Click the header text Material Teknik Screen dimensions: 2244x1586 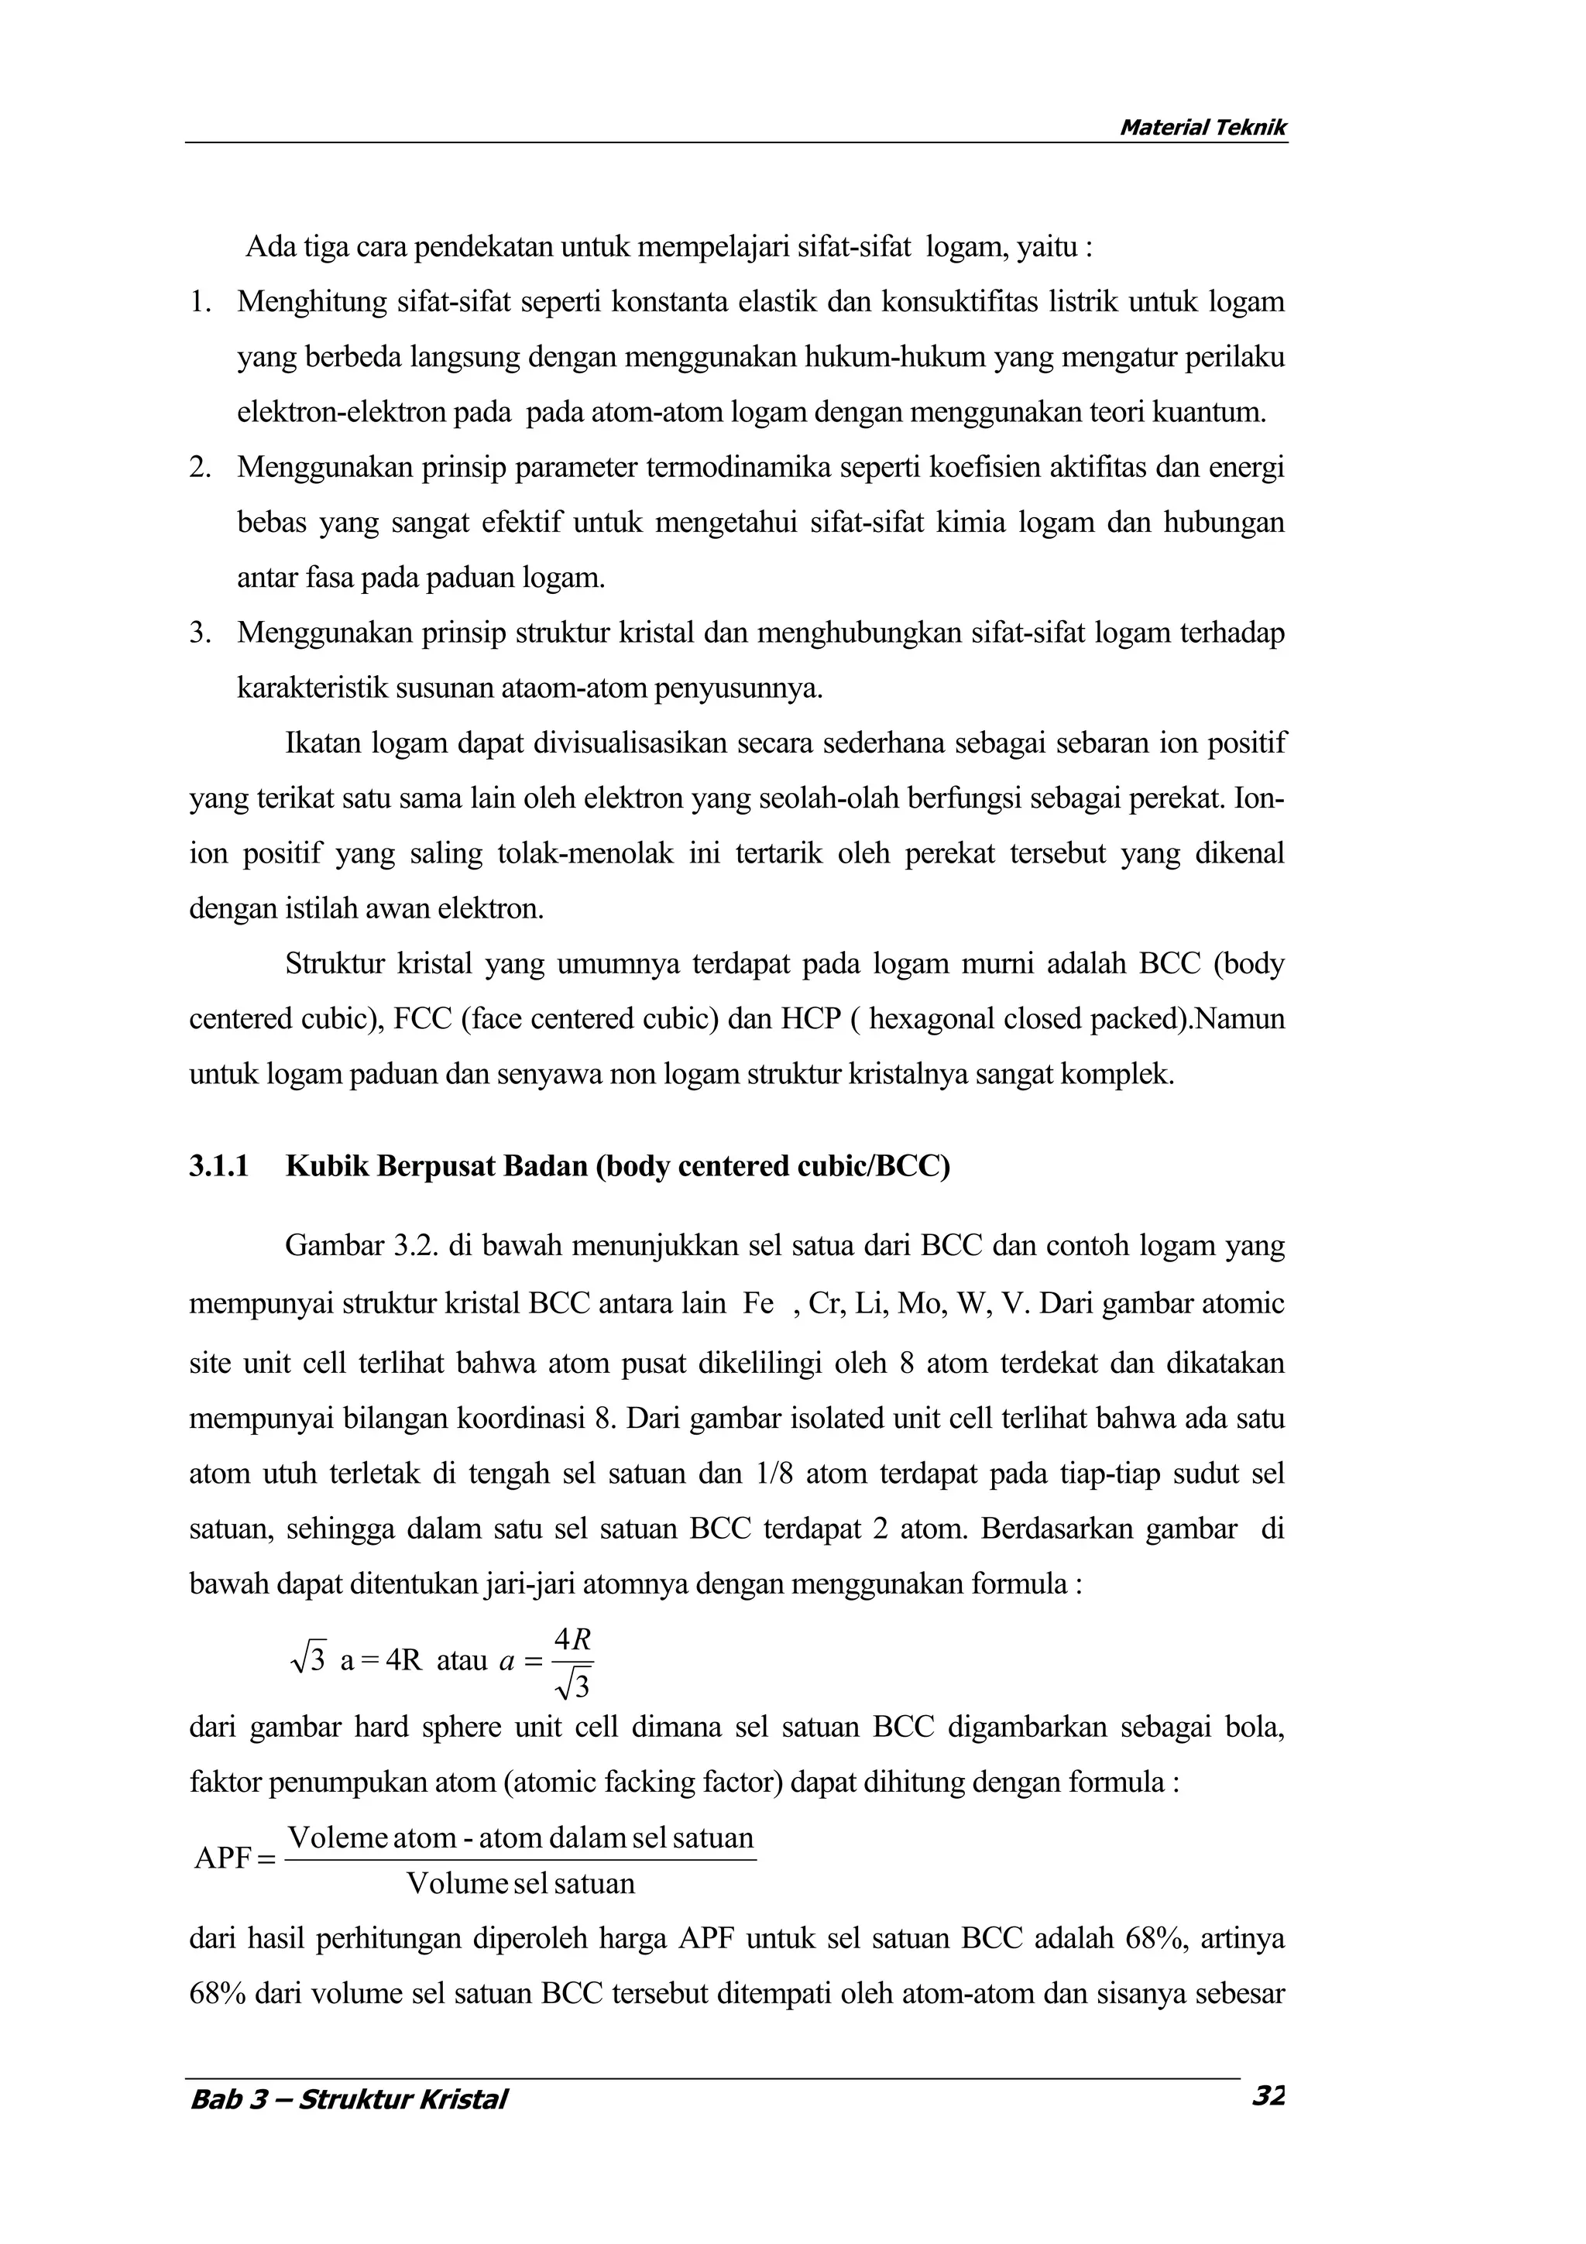click(1202, 127)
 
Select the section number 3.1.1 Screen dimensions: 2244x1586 click(220, 1166)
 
